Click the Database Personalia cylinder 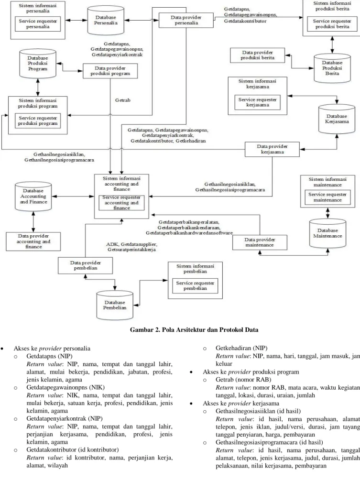106,21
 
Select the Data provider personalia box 186,20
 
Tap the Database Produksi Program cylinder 38,64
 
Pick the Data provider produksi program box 110,71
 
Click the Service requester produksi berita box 332,24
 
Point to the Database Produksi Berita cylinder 332,68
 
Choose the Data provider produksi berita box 257,55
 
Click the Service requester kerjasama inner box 257,102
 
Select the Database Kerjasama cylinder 337,119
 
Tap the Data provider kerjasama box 272,149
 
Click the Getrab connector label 123,100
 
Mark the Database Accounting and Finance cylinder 33,197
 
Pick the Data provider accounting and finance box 33,241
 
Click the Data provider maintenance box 260,242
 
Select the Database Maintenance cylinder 327,233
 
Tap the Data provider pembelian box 85,265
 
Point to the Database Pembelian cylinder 115,305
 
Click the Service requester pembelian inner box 195,285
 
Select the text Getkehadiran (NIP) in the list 241,348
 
